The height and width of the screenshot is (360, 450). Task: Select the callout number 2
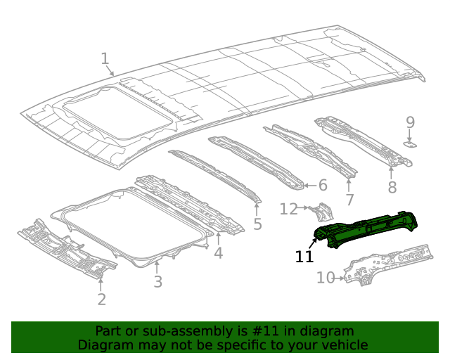coord(102,300)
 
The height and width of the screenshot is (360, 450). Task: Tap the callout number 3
coord(158,282)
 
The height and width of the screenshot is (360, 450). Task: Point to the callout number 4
coord(219,252)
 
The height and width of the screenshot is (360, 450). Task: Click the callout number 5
coord(257,224)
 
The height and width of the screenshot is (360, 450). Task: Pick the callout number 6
coord(323,186)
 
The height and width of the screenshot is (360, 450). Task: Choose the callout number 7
coord(349,200)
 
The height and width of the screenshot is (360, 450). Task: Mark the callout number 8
coord(392,187)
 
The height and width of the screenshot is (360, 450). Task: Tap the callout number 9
coord(411,123)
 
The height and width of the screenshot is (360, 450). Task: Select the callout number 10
coord(326,278)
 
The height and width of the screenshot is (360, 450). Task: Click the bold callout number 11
coord(304,257)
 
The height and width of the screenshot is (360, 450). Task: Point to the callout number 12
coord(289,209)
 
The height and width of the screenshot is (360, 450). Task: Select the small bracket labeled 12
coord(324,212)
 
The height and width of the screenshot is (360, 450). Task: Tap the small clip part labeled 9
coord(411,144)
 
